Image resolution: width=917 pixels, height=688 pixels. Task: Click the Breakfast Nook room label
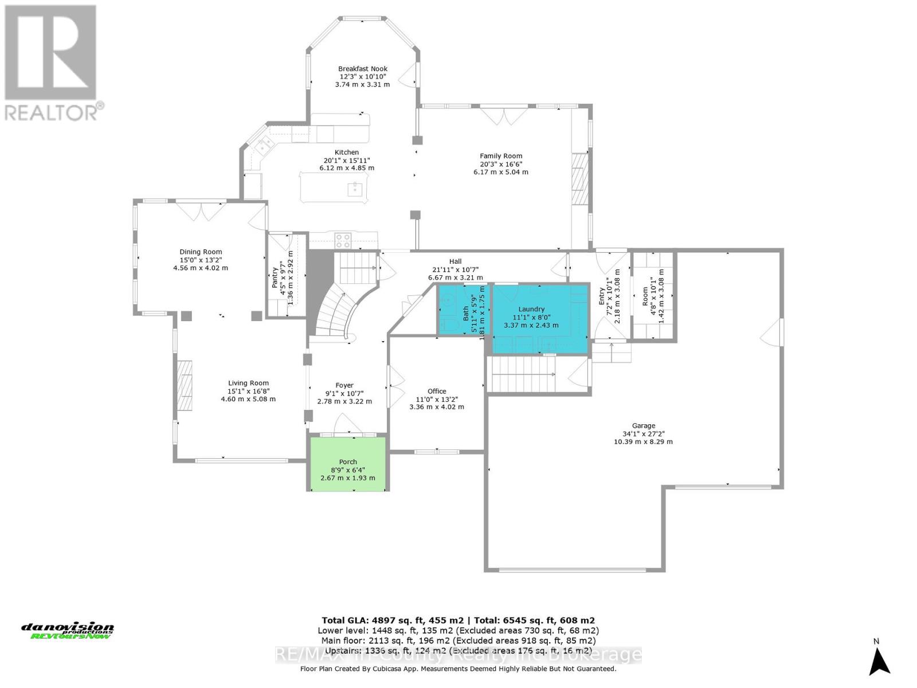[x=362, y=69]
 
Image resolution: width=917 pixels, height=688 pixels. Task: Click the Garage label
[x=643, y=426]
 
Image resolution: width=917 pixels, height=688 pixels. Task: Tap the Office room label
[x=437, y=392]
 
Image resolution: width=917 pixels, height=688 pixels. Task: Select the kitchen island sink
[x=356, y=189]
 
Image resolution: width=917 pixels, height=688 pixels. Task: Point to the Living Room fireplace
[x=184, y=384]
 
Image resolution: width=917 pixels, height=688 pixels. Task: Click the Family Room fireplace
[x=579, y=178]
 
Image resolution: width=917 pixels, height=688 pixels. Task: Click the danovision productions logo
[x=68, y=631]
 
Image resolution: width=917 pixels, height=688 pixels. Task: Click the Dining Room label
[x=201, y=252]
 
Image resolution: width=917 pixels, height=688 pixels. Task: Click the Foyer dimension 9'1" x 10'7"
[x=344, y=393]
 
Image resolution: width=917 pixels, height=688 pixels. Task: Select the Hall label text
[x=456, y=261]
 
